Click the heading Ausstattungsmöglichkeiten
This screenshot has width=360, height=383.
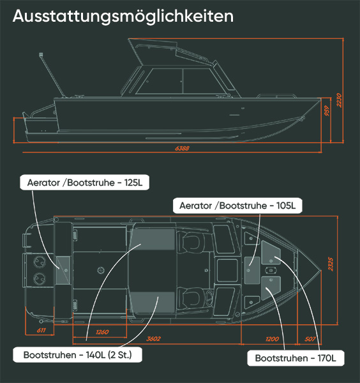(x=123, y=17)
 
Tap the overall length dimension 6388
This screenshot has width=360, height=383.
(x=182, y=148)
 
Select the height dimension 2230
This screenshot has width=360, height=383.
(x=339, y=100)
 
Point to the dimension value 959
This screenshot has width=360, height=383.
(x=327, y=110)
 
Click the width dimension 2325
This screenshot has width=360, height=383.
(x=331, y=264)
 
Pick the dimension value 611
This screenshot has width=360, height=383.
(x=41, y=330)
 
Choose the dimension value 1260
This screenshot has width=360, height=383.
(x=102, y=332)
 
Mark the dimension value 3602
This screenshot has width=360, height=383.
(x=153, y=339)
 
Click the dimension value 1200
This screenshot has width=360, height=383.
(x=272, y=339)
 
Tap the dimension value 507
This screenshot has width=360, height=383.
(x=310, y=339)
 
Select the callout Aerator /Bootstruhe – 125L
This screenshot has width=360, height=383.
(x=84, y=183)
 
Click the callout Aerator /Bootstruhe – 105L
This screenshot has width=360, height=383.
(x=237, y=206)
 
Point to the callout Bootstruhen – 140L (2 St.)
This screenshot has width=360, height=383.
(x=77, y=355)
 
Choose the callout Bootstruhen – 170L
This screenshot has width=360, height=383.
(x=296, y=358)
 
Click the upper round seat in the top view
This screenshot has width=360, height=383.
(x=191, y=241)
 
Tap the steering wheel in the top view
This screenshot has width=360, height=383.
(x=209, y=297)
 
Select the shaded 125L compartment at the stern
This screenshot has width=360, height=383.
(x=63, y=270)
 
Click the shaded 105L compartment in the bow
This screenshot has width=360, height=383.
(x=252, y=270)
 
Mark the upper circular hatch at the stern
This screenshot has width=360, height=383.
(x=40, y=262)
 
